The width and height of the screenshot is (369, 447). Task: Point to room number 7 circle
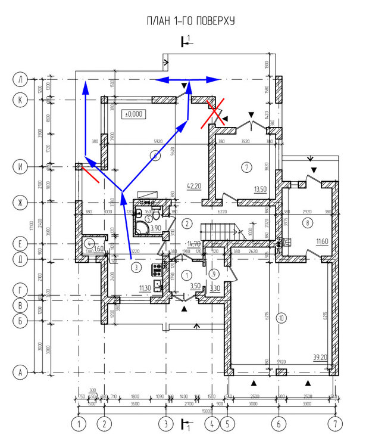tap(245, 167)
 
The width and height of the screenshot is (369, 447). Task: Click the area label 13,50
tap(260, 189)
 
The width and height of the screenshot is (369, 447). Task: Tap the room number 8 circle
tap(307, 223)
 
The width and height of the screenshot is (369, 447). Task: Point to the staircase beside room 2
tap(221, 228)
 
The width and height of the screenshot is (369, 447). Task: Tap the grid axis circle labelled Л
tap(21, 79)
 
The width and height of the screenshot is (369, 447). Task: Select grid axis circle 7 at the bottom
tap(337, 425)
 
